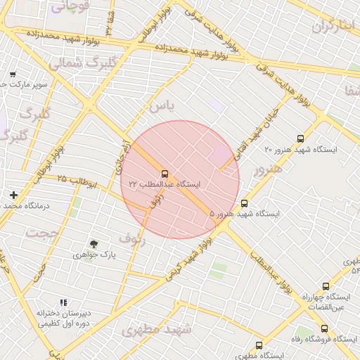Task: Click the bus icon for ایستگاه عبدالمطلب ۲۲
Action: [165, 173]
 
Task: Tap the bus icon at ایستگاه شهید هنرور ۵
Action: [244, 202]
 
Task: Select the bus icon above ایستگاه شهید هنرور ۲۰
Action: [301, 139]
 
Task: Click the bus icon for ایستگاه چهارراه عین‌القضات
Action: [325, 286]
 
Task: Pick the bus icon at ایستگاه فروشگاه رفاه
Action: [324, 328]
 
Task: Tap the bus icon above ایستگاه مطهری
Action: [259, 345]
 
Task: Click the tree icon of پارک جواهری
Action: [94, 243]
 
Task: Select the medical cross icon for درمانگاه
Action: [13, 195]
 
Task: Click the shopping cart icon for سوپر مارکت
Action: [13, 75]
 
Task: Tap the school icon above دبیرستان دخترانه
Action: [64, 302]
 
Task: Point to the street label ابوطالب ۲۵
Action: [72, 179]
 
